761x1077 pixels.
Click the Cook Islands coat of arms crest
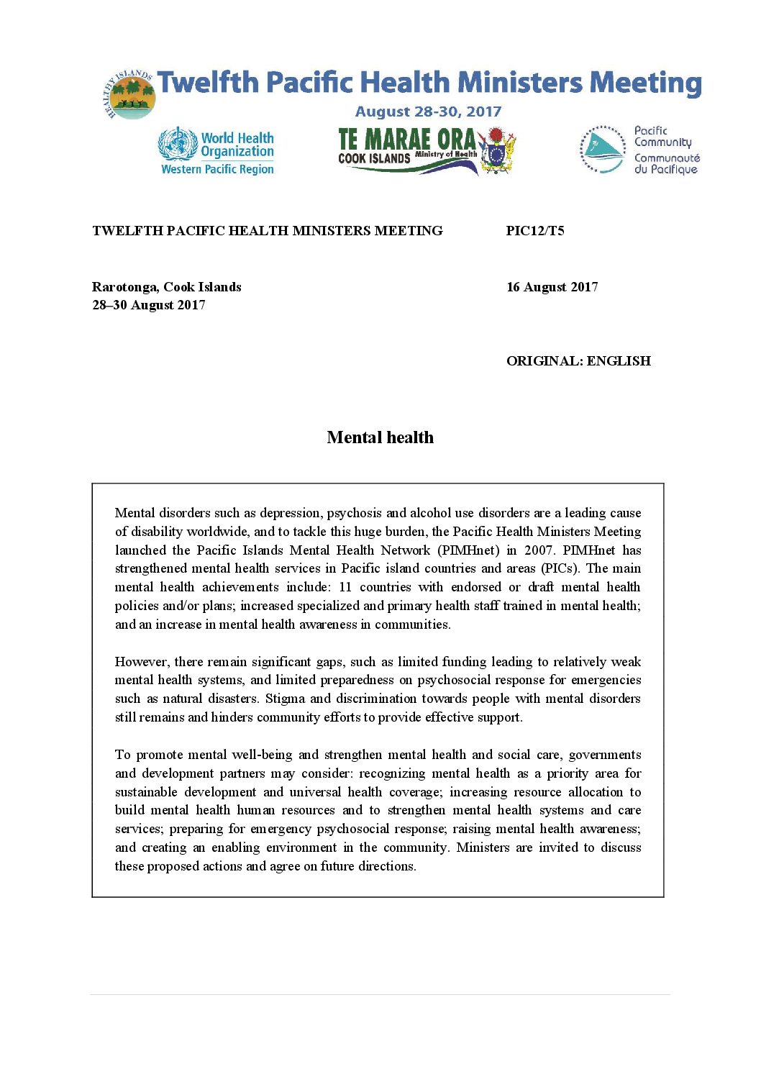497,150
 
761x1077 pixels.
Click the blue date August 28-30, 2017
428,112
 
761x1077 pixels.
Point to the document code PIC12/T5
535,231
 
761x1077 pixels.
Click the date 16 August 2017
552,287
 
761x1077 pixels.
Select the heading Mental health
380,437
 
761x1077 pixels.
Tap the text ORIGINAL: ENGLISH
578,361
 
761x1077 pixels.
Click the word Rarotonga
124,287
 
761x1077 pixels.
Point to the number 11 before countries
345,587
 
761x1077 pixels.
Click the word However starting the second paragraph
141,662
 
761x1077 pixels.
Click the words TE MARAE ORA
406,140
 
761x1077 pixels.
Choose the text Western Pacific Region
217,170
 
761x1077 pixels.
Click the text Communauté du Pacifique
666,163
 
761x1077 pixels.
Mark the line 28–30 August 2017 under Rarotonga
149,305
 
